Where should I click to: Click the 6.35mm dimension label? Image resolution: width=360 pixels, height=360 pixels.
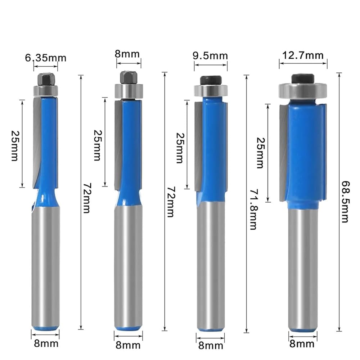(45, 58)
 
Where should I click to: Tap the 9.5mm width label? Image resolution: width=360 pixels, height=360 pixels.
(210, 56)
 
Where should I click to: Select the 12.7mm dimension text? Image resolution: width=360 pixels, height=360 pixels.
(303, 55)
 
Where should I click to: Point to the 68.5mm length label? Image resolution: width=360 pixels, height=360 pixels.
(345, 202)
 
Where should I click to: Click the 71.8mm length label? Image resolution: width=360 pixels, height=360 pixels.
(254, 209)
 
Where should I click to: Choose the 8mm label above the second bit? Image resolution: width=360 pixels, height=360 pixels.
(127, 54)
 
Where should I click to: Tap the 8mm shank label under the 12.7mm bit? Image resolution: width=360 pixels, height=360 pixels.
(302, 344)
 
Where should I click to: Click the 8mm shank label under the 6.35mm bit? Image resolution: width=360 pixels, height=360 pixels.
(46, 343)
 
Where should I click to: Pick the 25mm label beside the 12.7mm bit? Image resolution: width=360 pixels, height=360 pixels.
(261, 153)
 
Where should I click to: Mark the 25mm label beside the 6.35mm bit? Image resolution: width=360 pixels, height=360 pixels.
(15, 146)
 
